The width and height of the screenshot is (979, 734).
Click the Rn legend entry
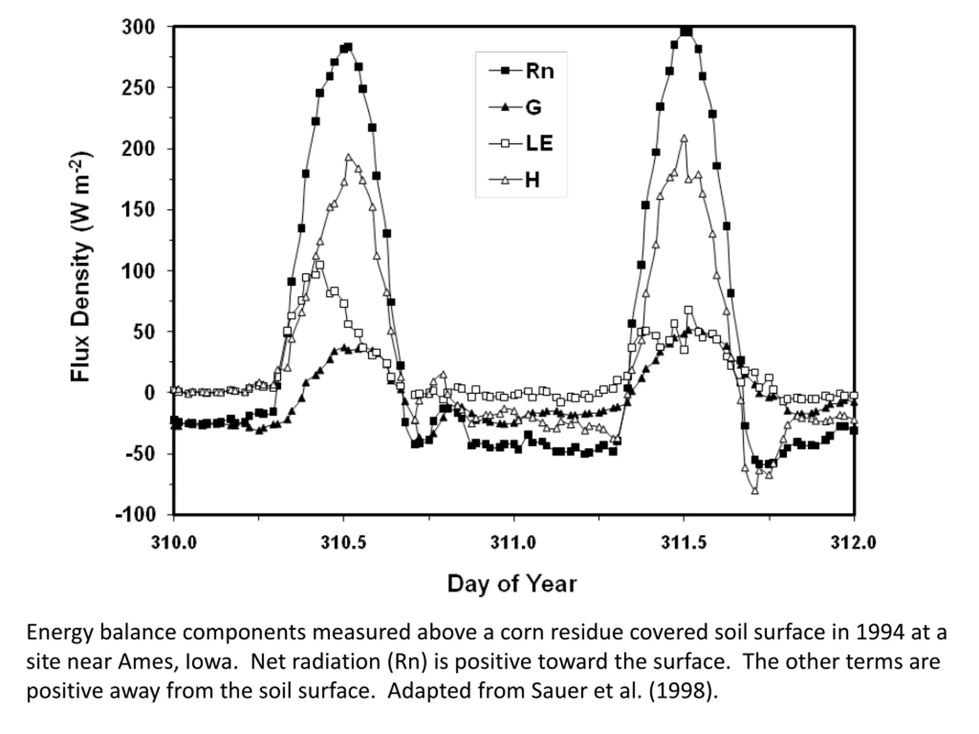(x=521, y=71)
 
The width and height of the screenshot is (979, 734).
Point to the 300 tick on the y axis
(x=138, y=27)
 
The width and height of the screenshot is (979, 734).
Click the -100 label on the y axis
(x=136, y=515)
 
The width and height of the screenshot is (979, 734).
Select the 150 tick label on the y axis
(x=138, y=210)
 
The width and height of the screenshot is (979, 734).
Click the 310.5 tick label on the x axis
(x=343, y=542)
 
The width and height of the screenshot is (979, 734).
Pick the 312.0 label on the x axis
(x=854, y=542)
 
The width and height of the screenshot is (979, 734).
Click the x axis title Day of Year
(x=512, y=584)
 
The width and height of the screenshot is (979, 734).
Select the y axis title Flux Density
(x=81, y=267)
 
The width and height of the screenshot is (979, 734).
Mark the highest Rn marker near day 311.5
(x=686, y=31)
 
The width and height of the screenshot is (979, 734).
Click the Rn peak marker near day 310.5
(x=348, y=47)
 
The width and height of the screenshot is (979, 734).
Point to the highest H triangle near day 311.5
(x=684, y=138)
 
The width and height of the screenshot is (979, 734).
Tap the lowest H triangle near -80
(x=755, y=490)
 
